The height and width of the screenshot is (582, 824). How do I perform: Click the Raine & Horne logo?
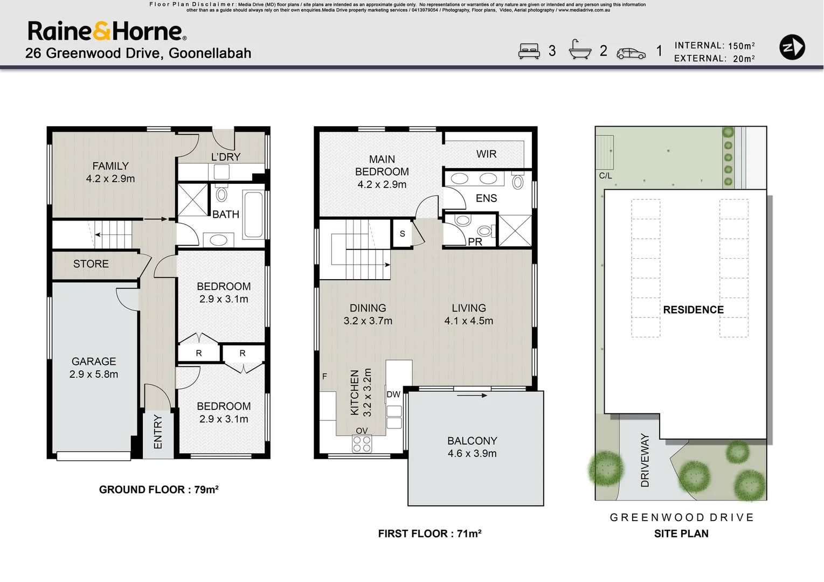(x=107, y=31)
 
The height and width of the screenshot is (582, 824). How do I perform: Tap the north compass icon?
(x=792, y=47)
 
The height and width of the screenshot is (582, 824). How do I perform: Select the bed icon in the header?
(x=529, y=51)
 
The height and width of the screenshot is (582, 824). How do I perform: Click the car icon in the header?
(x=631, y=53)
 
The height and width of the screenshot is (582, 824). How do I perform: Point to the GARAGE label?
(x=94, y=362)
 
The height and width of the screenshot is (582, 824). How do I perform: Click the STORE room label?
(x=91, y=264)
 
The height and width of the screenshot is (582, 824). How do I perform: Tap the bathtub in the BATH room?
(x=253, y=214)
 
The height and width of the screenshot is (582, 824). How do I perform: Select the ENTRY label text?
(x=158, y=432)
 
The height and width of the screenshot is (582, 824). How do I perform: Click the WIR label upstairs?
(x=486, y=154)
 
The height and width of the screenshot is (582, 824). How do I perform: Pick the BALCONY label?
(x=472, y=441)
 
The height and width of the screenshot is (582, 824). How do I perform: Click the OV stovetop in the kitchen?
(x=362, y=444)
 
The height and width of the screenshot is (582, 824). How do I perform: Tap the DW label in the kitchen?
(x=393, y=394)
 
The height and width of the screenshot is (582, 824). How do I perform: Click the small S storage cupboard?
(x=402, y=234)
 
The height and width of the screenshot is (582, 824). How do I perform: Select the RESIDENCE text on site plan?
(x=693, y=310)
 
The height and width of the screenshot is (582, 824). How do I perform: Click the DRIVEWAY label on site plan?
(x=645, y=460)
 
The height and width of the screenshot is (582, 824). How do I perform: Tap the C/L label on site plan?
(x=605, y=176)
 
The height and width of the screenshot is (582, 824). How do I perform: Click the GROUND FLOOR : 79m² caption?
(x=158, y=490)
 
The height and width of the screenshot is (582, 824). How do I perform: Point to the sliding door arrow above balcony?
(x=472, y=396)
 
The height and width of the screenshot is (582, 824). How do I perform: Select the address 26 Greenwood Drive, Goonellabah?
(x=138, y=53)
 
